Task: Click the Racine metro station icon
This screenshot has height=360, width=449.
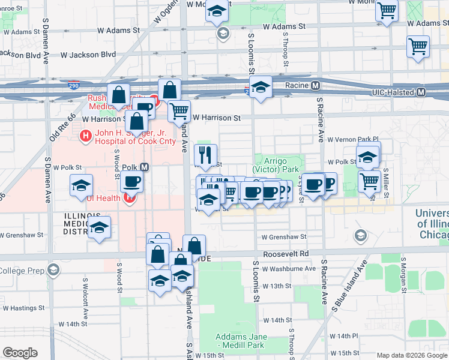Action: click(315, 86)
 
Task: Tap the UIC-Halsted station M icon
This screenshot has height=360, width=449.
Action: click(421, 92)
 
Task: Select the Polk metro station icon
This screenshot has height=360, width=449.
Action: click(144, 167)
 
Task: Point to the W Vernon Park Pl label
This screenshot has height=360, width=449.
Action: click(354, 139)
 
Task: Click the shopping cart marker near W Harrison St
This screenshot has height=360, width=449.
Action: click(178, 110)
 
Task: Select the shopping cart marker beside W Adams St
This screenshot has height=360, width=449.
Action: click(387, 10)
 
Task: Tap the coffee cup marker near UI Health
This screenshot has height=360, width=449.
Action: click(131, 181)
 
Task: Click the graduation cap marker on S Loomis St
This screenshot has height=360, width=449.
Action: click(261, 87)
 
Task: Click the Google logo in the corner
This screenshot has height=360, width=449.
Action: click(20, 353)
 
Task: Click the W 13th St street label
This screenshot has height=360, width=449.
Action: click(276, 286)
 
